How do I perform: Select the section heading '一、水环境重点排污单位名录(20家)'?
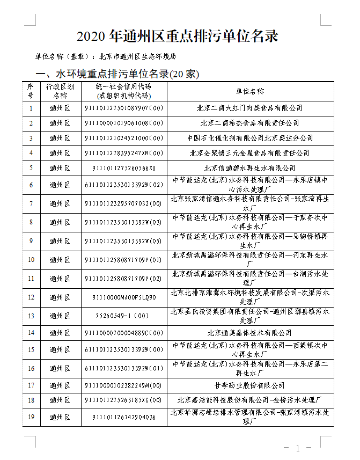(116, 74)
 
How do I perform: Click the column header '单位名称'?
(249, 91)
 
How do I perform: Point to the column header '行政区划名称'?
(60, 91)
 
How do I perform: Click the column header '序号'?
(31, 91)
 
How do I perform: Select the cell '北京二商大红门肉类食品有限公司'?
(249, 108)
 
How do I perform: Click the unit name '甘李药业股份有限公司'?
(249, 385)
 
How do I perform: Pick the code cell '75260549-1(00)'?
(123, 316)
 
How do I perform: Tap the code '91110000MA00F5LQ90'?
(123, 297)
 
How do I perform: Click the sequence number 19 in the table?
(31, 417)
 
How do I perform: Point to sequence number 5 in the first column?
(31, 169)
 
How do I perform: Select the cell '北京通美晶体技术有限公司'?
(249, 333)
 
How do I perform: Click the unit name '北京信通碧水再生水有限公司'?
(249, 169)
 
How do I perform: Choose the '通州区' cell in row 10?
(60, 260)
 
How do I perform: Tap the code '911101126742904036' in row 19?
(123, 417)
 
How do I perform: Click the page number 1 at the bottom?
(297, 448)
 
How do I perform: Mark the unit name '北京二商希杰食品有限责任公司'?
(249, 123)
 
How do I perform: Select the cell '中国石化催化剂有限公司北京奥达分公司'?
(249, 138)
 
